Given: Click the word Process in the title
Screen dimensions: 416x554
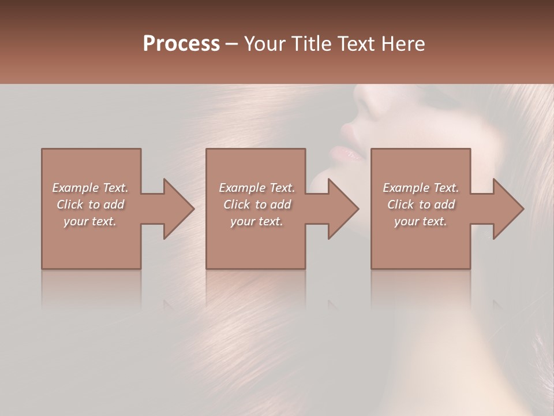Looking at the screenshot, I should [x=181, y=44].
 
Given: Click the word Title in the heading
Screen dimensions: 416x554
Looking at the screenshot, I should [x=311, y=44].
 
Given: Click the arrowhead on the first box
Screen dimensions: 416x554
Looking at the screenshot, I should [x=177, y=209].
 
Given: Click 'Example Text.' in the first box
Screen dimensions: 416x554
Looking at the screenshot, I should [x=90, y=188].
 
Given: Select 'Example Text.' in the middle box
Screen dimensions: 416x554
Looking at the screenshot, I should [x=257, y=188].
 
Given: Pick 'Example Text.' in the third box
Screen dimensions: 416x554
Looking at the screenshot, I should [x=421, y=188].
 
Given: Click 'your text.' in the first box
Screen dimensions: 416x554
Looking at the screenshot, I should [x=90, y=221].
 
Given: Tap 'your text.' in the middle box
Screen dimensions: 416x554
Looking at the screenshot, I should [x=257, y=221].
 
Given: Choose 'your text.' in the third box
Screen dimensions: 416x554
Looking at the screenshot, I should [x=421, y=221].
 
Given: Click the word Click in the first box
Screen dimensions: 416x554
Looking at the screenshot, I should [x=70, y=205].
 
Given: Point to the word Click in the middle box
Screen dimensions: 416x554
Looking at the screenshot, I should [x=237, y=205].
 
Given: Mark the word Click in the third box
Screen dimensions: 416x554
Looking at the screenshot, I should [x=400, y=205].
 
